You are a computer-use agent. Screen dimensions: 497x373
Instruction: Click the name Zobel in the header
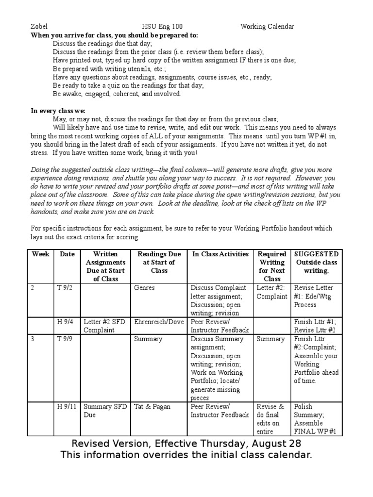(39, 27)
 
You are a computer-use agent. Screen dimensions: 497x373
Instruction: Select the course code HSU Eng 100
(162, 27)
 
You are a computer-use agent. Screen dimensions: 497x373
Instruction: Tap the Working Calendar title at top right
(267, 27)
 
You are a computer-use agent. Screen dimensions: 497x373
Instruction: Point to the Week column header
(40, 254)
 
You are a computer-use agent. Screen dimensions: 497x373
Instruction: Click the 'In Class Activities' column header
(220, 254)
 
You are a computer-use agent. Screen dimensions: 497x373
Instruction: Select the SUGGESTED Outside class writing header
(316, 262)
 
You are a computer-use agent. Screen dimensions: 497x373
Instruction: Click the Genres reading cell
(144, 288)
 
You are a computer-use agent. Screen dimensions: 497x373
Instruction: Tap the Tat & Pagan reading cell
(152, 406)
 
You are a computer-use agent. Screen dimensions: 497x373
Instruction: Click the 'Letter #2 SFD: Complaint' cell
(105, 325)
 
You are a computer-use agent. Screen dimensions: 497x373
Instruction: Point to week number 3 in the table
(33, 339)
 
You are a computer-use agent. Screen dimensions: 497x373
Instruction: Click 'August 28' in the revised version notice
(277, 444)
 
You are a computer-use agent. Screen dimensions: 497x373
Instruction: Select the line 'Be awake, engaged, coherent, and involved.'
(117, 94)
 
